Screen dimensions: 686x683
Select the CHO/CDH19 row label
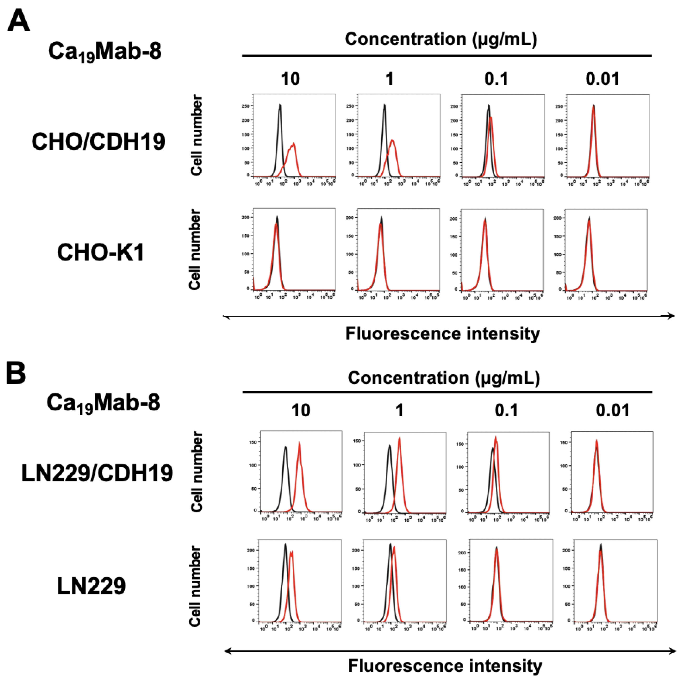98,141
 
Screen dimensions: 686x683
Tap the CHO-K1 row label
100,253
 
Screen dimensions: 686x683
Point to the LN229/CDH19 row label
97,473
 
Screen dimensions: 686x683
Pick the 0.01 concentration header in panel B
613,410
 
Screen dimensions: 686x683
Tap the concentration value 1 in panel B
400,410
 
